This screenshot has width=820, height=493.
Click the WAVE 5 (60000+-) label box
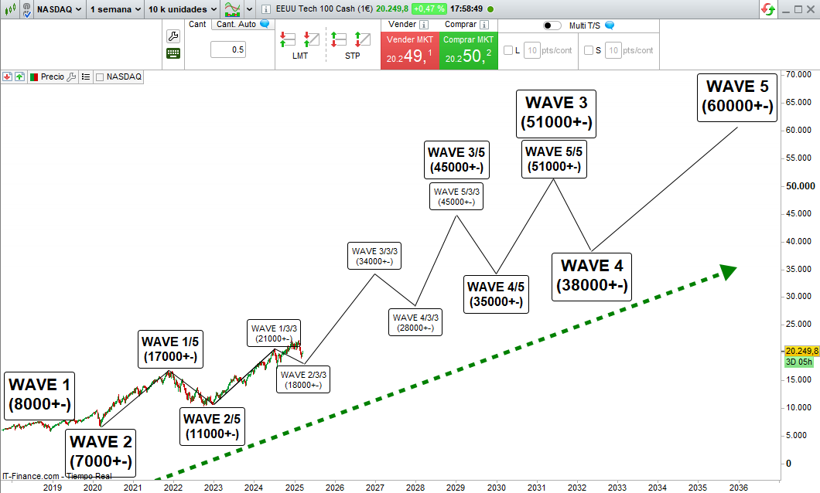tap(736, 96)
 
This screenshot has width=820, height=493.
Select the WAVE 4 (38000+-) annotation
tap(592, 276)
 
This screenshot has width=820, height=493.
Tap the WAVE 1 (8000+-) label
tap(39, 394)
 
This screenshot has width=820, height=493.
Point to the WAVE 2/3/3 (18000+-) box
tap(303, 379)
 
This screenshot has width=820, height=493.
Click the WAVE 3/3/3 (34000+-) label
tap(374, 256)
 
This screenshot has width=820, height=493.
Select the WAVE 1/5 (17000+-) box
tap(170, 348)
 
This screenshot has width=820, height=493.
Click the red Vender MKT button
tap(409, 50)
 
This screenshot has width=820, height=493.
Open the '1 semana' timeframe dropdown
tap(115, 8)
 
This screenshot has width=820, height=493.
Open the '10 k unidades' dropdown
tap(183, 8)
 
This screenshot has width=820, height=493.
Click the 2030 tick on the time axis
tap(496, 488)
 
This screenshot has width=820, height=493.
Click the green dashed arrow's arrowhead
tap(727, 270)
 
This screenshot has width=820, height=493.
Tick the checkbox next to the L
tap(508, 50)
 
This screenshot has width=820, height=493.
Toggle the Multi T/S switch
tap(552, 25)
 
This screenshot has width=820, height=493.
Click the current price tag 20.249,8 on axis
tap(801, 350)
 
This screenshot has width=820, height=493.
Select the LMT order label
tap(299, 56)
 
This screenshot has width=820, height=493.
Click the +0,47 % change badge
tap(429, 8)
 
